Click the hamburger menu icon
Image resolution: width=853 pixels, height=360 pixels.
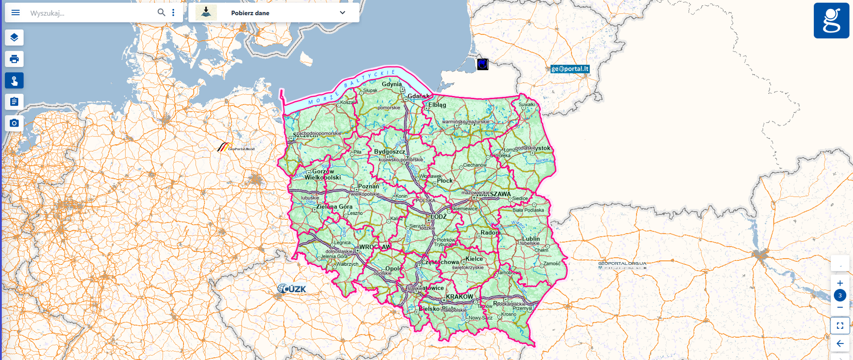pyautogui.click(x=16, y=12)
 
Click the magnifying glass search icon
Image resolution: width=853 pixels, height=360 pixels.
pyautogui.click(x=161, y=12)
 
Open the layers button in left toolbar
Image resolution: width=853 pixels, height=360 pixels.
pyautogui.click(x=14, y=37)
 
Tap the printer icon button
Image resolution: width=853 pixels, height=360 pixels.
pyautogui.click(x=14, y=59)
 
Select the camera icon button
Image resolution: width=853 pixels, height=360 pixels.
pyautogui.click(x=14, y=123)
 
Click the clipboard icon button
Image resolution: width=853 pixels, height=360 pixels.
pyautogui.click(x=14, y=102)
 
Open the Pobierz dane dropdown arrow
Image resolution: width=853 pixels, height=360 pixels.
pyautogui.click(x=342, y=12)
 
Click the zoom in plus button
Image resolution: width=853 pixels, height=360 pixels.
pyautogui.click(x=840, y=283)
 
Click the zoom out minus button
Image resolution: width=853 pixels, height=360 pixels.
pyautogui.click(x=840, y=308)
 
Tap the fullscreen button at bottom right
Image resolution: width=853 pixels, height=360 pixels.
pyautogui.click(x=840, y=326)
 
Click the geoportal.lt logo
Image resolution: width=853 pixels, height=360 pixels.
pyautogui.click(x=570, y=69)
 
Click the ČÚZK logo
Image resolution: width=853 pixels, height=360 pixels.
pyautogui.click(x=292, y=289)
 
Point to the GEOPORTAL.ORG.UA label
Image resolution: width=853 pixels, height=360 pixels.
pyautogui.click(x=622, y=264)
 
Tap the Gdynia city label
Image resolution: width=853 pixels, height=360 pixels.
pyautogui.click(x=391, y=84)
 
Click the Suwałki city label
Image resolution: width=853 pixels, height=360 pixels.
pyautogui.click(x=526, y=105)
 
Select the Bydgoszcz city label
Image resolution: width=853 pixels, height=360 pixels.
pyautogui.click(x=389, y=152)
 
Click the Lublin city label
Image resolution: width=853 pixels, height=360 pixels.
pyautogui.click(x=531, y=239)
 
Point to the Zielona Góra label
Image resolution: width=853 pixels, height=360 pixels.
pyautogui.click(x=334, y=207)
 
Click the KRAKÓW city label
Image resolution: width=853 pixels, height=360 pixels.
pyautogui.click(x=459, y=296)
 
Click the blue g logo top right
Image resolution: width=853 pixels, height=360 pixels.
pyautogui.click(x=831, y=20)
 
